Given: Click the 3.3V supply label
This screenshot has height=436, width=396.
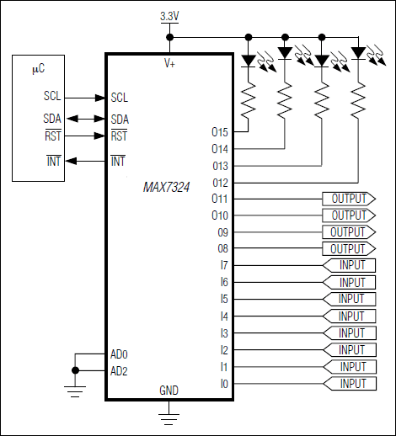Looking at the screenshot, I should click(170, 17).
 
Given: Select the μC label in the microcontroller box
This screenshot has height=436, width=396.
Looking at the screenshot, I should click(38, 67).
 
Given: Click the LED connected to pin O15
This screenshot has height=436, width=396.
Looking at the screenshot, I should click(249, 60).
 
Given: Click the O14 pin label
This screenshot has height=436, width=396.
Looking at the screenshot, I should click(220, 148).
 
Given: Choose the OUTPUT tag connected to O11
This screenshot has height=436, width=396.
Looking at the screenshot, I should click(348, 199).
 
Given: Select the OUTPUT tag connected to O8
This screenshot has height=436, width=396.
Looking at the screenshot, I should click(348, 249).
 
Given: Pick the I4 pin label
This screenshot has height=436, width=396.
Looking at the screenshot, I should click(223, 316).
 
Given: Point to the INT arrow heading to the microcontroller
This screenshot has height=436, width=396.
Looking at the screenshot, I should click(84, 160).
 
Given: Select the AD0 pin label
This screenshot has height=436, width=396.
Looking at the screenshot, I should click(119, 354).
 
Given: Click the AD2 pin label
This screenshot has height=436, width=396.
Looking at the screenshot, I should click(119, 370).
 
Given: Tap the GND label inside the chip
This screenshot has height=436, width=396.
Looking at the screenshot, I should click(169, 391).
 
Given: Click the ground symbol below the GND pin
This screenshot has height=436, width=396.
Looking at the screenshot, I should click(169, 412).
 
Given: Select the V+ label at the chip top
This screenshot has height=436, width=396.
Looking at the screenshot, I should click(169, 63).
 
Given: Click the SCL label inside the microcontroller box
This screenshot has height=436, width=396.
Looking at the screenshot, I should click(51, 98).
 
